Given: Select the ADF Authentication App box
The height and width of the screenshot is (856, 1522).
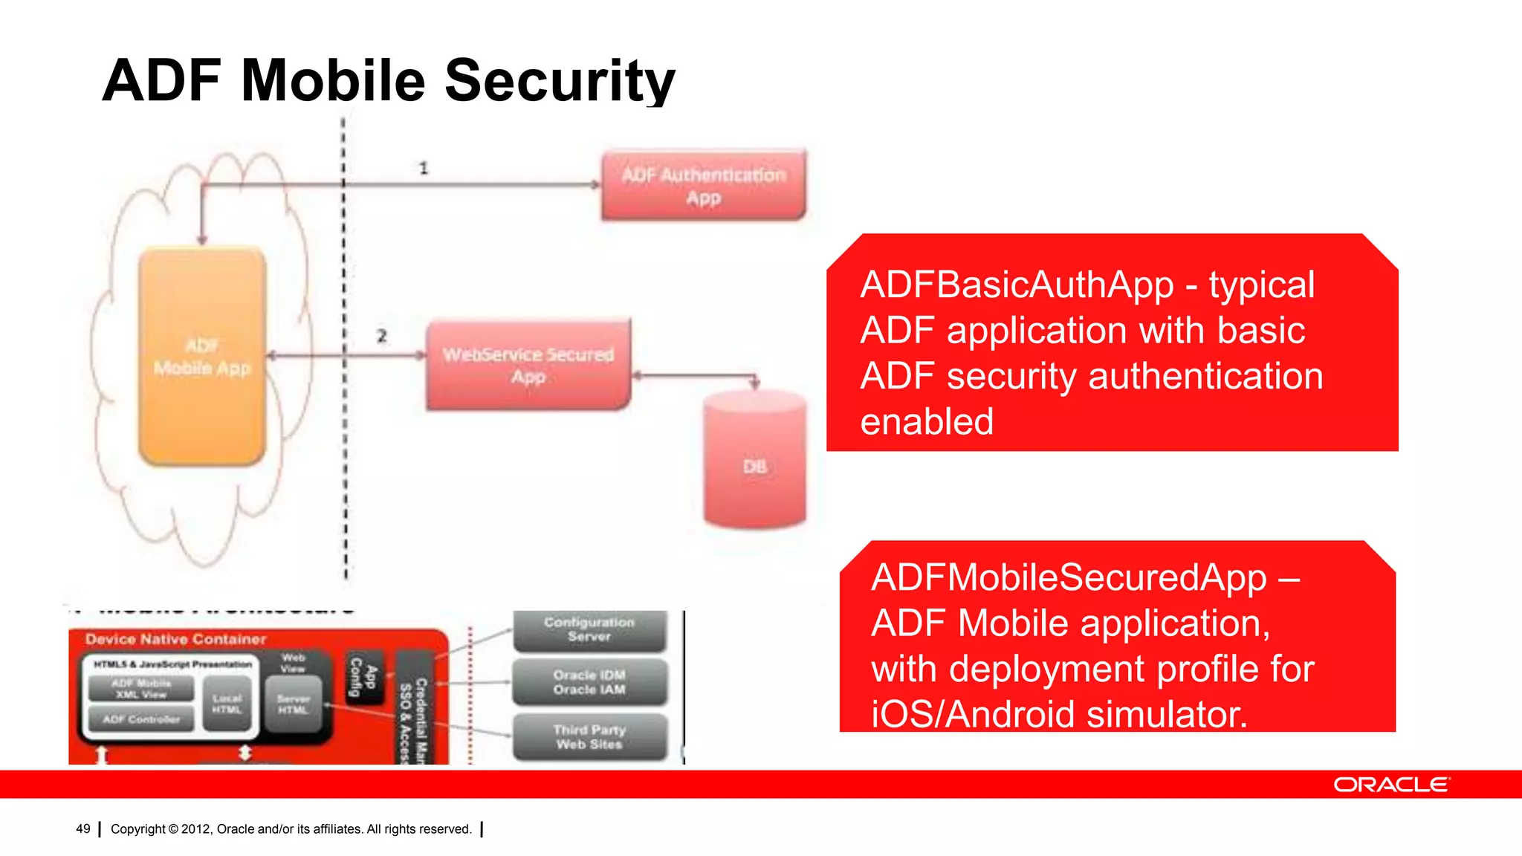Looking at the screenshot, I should tap(703, 186).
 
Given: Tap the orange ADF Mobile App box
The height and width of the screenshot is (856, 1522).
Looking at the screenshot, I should tap(202, 357).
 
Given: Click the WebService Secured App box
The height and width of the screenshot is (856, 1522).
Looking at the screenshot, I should tap(528, 365).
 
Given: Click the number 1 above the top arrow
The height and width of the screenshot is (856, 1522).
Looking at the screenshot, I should tap(424, 168).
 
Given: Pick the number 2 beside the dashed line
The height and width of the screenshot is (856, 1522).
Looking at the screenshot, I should tap(382, 336).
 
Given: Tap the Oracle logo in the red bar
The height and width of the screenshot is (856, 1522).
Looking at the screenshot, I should tap(1390, 785).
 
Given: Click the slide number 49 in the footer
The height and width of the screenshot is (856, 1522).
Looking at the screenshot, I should tap(83, 829).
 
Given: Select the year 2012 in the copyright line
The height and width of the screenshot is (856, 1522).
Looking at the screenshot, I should tap(196, 829).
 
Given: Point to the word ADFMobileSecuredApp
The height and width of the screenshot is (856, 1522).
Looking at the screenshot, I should tap(1069, 577).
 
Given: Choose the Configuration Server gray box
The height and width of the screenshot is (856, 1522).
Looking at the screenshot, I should tap(589, 629).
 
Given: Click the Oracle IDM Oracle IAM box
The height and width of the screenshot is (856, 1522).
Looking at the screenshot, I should tap(589, 682).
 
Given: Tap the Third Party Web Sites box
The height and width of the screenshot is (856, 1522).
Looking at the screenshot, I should tap(590, 736).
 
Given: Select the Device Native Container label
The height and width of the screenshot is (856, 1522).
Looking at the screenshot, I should tap(175, 639).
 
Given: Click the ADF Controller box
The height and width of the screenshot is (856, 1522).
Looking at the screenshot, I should tap(141, 719).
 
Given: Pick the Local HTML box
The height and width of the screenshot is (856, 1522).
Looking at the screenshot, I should tap(227, 704).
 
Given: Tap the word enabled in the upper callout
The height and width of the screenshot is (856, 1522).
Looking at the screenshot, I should tap(927, 421).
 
